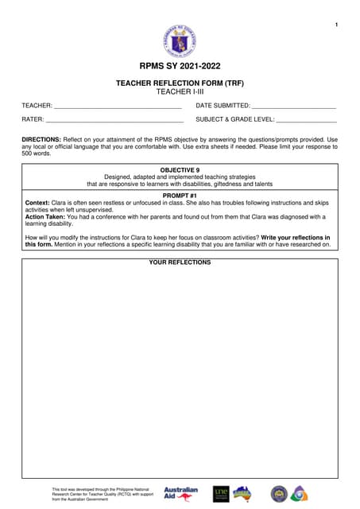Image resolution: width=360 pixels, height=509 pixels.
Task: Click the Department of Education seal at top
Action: (x=179, y=40)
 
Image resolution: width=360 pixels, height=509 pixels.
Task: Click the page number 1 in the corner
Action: (x=337, y=26)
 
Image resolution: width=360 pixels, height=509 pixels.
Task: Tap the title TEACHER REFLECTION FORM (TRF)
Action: (x=180, y=83)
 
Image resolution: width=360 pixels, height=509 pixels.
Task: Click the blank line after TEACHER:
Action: (x=118, y=106)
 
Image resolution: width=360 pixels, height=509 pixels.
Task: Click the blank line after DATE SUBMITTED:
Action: (x=294, y=106)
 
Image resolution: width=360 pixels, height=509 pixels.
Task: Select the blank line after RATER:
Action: (x=115, y=120)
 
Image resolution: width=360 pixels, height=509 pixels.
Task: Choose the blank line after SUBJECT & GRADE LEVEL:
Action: (x=306, y=120)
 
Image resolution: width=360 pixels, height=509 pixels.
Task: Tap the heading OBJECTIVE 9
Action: (x=180, y=170)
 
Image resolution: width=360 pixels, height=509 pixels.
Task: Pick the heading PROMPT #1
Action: (x=180, y=195)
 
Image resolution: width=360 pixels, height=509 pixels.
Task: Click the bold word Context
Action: (x=37, y=203)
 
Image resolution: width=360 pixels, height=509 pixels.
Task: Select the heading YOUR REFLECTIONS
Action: (x=180, y=262)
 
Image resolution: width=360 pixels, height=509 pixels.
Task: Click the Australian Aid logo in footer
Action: (x=180, y=493)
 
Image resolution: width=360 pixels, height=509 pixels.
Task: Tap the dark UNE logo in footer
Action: (x=221, y=493)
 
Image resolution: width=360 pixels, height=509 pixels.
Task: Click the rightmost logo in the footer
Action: (x=299, y=493)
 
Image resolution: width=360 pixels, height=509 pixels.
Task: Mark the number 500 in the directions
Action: (x=29, y=153)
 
